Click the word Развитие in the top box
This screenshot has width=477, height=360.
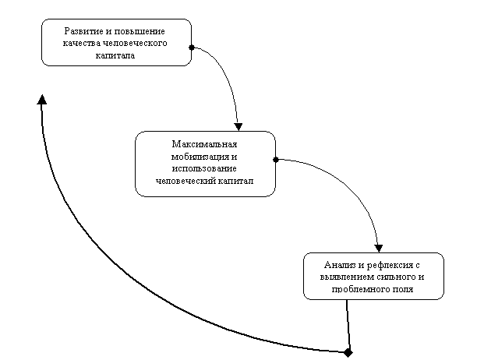[x=80, y=31]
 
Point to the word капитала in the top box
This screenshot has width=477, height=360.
[x=115, y=55]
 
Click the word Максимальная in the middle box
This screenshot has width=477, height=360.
[x=204, y=144]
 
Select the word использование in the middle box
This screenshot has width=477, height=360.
[x=204, y=169]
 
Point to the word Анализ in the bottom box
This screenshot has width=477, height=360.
[x=340, y=265]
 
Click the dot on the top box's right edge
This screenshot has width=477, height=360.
[x=192, y=48]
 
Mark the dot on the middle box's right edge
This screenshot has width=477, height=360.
[x=276, y=160]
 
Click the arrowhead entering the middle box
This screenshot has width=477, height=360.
[x=238, y=127]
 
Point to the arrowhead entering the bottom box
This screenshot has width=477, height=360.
[x=379, y=248]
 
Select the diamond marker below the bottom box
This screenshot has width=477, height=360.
[x=348, y=353]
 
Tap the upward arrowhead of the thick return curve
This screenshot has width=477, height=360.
[x=42, y=100]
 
